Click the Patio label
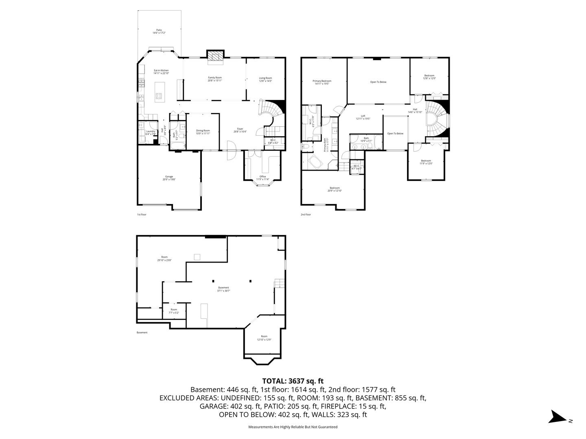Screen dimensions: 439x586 click(x=159, y=31)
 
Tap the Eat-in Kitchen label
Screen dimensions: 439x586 click(x=161, y=72)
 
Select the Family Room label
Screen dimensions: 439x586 click(x=215, y=79)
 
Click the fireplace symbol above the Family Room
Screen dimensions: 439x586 click(x=215, y=57)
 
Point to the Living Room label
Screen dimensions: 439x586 click(x=265, y=79)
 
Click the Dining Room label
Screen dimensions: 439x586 click(x=203, y=132)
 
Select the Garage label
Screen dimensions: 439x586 click(x=169, y=178)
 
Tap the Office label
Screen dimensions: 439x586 click(x=262, y=178)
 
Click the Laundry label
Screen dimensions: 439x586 click(x=151, y=133)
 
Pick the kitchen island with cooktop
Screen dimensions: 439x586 click(x=159, y=91)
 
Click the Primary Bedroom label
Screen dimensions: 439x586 click(x=322, y=83)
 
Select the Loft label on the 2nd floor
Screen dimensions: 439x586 click(x=363, y=117)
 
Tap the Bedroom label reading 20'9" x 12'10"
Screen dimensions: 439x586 click(x=335, y=189)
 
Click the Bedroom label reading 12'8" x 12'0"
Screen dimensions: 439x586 click(x=429, y=77)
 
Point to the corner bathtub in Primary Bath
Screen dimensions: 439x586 click(x=315, y=163)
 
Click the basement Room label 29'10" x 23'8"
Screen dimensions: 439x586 click(x=164, y=259)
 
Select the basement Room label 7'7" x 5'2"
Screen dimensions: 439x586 click(x=174, y=311)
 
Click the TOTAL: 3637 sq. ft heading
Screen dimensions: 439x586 click(x=293, y=381)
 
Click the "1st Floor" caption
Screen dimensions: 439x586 click(x=141, y=214)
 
